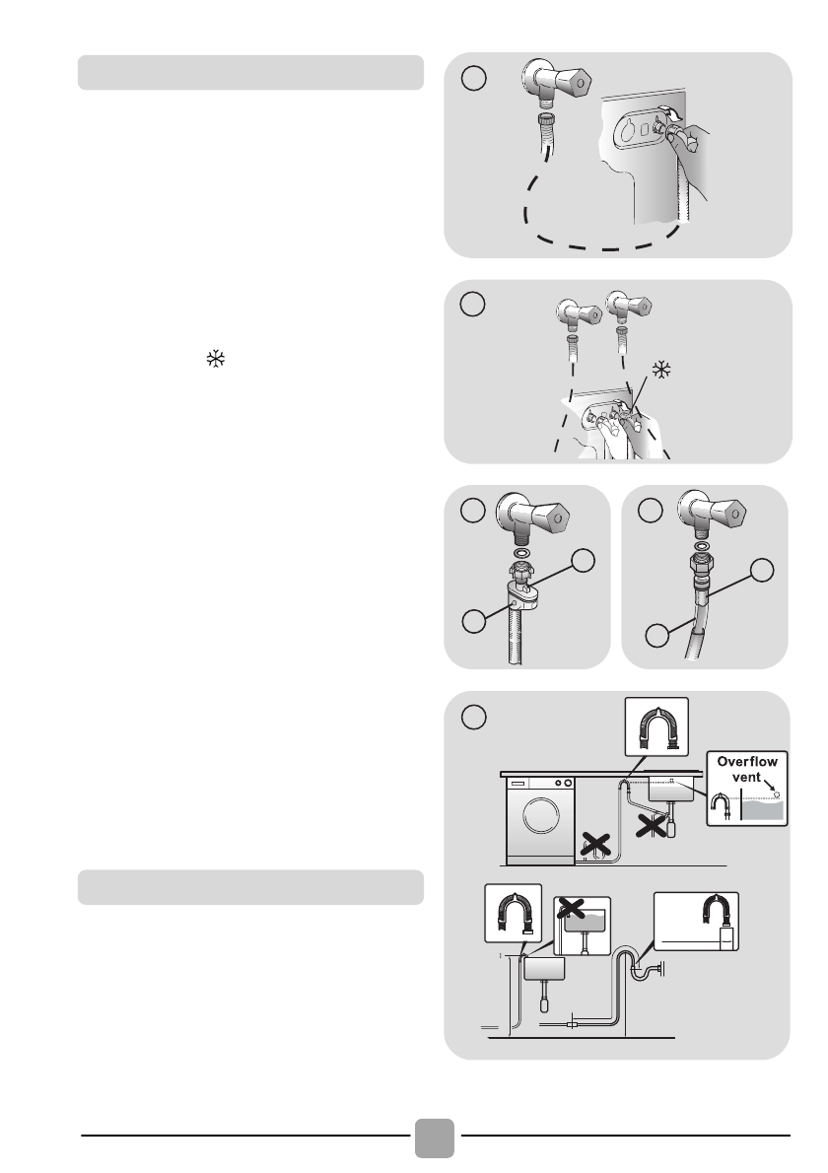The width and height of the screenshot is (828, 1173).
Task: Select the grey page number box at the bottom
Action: point(435,1138)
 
